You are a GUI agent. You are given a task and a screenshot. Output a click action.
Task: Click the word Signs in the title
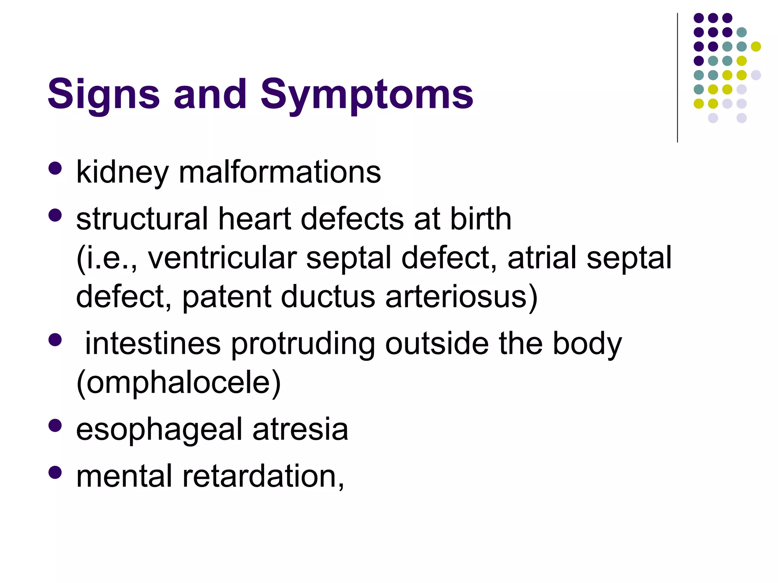click(103, 94)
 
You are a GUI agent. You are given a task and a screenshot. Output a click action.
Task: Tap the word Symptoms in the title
click(367, 94)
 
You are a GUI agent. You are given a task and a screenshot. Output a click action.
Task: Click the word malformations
click(280, 173)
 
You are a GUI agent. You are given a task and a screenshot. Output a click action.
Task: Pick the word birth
click(481, 219)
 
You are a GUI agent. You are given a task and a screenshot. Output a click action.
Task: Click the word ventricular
click(222, 258)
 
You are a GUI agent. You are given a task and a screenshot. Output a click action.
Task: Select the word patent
click(226, 297)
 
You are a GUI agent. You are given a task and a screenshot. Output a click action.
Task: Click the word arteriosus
click(456, 297)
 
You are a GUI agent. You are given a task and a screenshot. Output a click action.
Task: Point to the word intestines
click(153, 344)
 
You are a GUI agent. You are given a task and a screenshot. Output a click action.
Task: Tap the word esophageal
click(159, 430)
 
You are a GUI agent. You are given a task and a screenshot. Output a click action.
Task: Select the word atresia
click(300, 430)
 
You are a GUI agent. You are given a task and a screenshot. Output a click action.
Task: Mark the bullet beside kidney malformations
click(55, 169)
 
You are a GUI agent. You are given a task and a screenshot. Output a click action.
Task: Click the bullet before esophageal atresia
click(55, 425)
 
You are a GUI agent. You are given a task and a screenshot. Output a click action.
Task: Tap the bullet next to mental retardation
click(55, 473)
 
